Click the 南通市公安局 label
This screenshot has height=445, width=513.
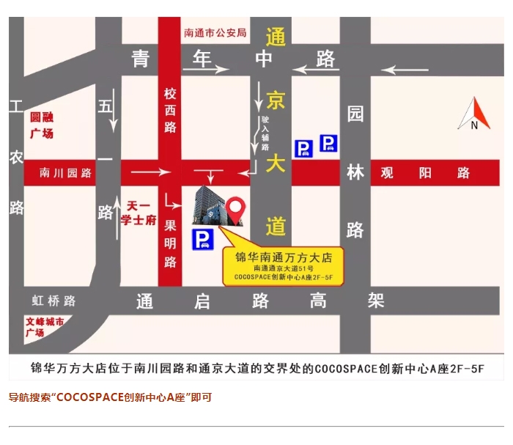[215, 33]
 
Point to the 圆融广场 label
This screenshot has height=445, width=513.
[42, 125]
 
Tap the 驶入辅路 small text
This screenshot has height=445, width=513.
[266, 132]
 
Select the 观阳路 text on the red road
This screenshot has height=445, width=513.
[425, 173]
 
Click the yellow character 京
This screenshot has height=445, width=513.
[276, 100]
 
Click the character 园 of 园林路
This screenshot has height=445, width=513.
[355, 114]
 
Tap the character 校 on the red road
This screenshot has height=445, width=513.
[170, 95]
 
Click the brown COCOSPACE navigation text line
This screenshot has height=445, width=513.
[110, 397]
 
